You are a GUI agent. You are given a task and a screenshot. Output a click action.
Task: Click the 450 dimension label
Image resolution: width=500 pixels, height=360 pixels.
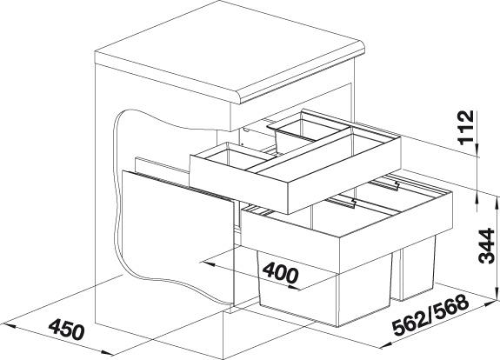(x=67, y=328)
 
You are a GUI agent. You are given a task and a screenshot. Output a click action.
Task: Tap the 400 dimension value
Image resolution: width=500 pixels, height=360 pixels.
(x=281, y=272)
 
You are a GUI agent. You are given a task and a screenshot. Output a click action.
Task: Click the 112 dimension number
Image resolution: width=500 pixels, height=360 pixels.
(x=465, y=128)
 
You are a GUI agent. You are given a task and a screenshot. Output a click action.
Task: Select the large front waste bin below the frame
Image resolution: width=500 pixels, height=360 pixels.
(x=325, y=292)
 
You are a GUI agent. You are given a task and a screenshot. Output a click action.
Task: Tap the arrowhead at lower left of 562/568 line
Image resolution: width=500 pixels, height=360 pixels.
(x=384, y=345)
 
